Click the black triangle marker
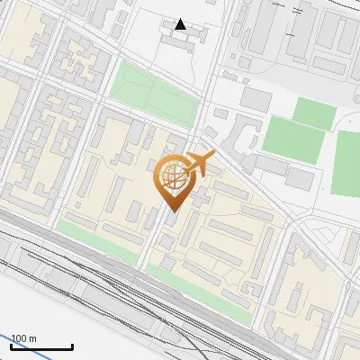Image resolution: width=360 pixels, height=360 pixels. coord(181,24)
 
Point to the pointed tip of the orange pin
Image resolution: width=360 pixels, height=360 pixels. coord(172,211)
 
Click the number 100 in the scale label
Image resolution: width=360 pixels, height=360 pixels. coord(20,338)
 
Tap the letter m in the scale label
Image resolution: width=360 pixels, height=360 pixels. coord(33,338)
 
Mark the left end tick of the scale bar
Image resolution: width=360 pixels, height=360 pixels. coord(12,346)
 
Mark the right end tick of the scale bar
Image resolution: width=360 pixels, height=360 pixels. coord(73,346)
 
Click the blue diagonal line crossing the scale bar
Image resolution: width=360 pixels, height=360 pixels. coord(18,346)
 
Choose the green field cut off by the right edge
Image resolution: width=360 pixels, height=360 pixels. coord(347,162)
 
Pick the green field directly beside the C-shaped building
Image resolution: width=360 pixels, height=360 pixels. coord(290,138)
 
